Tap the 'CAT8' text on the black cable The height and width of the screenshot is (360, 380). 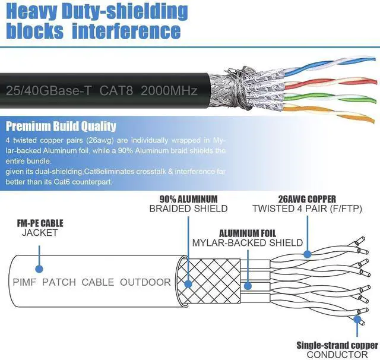pos(119,91)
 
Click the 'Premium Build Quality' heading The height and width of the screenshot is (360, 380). pos(61,126)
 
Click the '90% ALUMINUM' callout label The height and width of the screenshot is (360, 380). pos(188,199)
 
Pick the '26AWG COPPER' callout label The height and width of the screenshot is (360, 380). pos(308,199)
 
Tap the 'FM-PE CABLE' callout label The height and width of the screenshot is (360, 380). pos(40,223)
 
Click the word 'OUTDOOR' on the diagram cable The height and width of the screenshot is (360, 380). pos(145,282)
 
